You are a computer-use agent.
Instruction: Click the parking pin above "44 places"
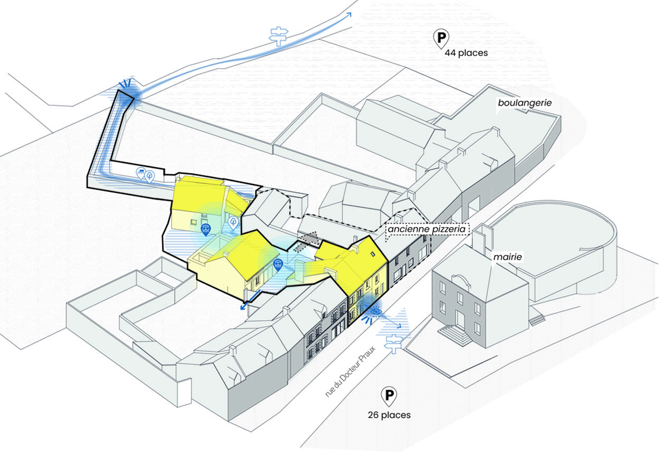tap(441, 38)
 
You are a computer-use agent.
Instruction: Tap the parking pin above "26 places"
tap(389, 396)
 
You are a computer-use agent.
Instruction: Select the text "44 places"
tap(466, 53)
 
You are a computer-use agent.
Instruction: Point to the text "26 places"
tap(389, 415)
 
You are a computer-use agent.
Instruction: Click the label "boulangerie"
tap(525, 103)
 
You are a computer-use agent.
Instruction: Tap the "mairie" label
tap(508, 257)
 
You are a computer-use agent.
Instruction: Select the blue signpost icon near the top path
tap(277, 35)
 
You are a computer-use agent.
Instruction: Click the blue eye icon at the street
tap(376, 312)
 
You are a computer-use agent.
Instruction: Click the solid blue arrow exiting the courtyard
tap(247, 306)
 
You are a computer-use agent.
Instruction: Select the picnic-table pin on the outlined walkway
tap(141, 172)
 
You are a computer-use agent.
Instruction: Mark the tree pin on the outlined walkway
tap(150, 175)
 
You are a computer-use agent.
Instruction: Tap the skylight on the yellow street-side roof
tap(373, 254)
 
